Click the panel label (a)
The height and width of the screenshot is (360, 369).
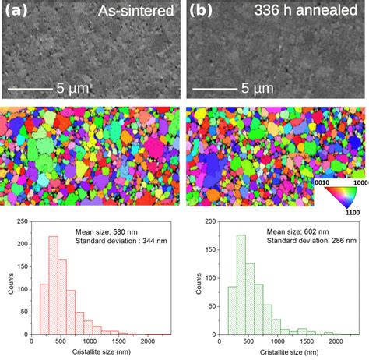click(x=17, y=12)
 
